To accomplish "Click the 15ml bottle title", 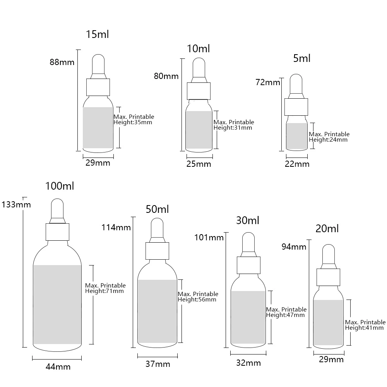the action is click(97, 34).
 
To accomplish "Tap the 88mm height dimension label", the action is click(62, 62).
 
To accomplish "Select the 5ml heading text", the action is click(301, 58).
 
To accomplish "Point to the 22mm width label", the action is click(297, 164).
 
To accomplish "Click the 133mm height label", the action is click(16, 205).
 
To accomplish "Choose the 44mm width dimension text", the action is click(58, 367).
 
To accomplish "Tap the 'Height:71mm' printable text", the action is click(104, 291).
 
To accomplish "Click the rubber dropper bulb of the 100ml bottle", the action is click(57, 208).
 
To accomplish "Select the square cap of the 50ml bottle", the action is click(157, 251).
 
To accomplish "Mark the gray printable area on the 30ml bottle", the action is click(248, 317).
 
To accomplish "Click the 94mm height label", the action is click(294, 247).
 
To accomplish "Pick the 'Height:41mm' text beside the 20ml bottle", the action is click(364, 328).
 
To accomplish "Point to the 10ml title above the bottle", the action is click(198, 49).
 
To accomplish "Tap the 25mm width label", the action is click(199, 164).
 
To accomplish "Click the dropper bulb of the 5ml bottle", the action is click(296, 84).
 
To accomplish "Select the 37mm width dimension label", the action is click(158, 364).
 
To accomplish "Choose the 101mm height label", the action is click(209, 238).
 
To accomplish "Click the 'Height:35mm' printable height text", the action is click(133, 122).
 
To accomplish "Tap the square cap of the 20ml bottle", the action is click(328, 277).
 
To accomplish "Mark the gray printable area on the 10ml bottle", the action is click(199, 130).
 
